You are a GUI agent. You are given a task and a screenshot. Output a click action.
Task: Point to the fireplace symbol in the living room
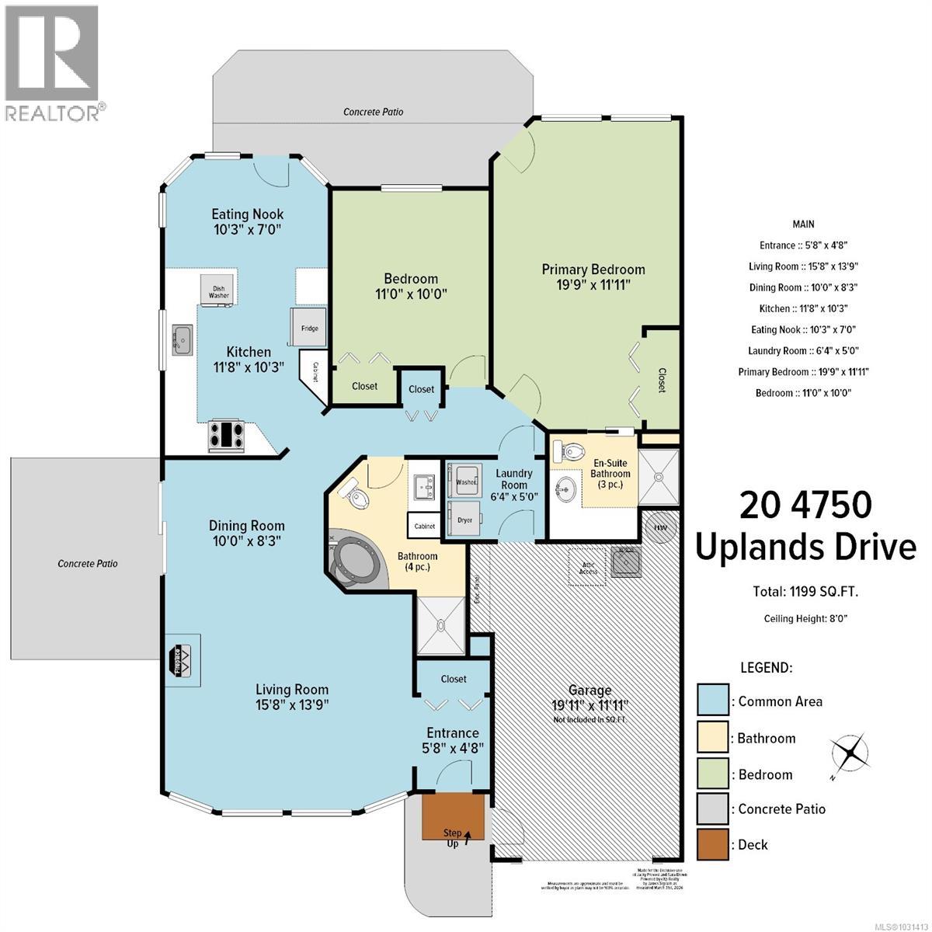click(183, 658)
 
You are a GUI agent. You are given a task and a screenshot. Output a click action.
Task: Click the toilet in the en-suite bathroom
click(573, 451)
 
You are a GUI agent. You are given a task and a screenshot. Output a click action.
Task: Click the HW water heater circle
click(660, 527)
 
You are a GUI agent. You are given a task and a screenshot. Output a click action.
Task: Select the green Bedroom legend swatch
click(712, 774)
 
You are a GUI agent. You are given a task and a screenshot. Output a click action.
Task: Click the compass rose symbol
click(849, 753)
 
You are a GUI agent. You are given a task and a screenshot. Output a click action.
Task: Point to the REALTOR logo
click(52, 62)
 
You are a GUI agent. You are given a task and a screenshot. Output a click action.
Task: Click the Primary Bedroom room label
click(593, 277)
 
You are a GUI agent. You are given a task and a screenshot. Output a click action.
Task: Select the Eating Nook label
click(248, 221)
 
